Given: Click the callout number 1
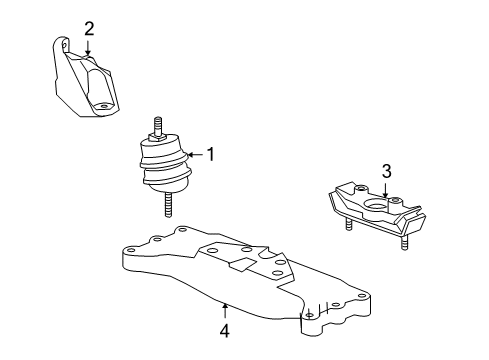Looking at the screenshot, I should pyautogui.click(x=211, y=154).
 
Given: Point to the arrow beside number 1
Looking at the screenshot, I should pyautogui.click(x=194, y=154).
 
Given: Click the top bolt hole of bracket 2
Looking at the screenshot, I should pyautogui.click(x=65, y=44).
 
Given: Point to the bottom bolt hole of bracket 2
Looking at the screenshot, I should pyautogui.click(x=100, y=107).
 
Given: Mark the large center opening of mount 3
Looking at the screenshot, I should pyautogui.click(x=377, y=209).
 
